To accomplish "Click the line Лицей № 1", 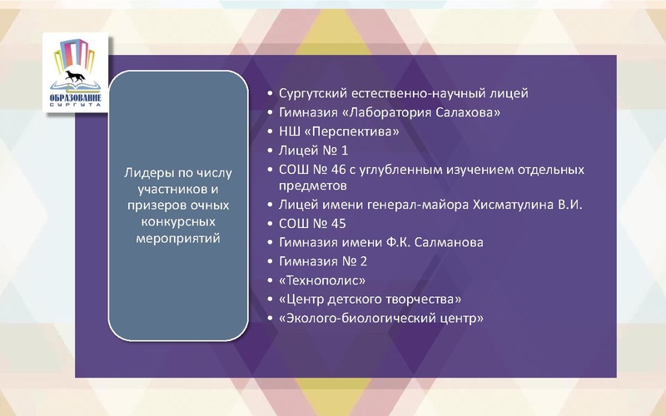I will [302, 151].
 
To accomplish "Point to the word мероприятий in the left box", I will [177, 238].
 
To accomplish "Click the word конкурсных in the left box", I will [177, 222].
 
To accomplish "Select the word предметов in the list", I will [311, 186].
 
